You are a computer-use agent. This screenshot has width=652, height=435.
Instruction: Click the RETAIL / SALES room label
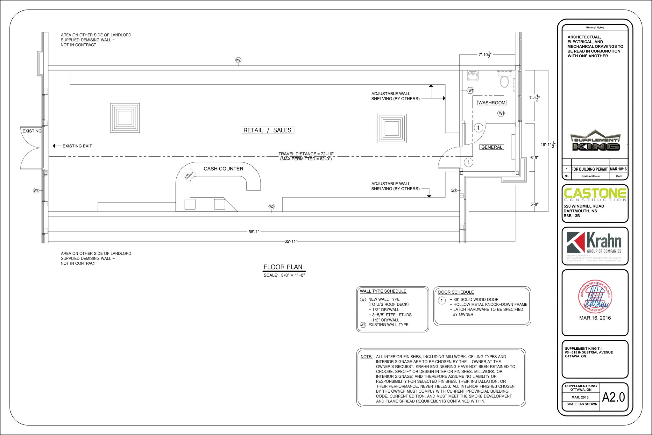coord(267,130)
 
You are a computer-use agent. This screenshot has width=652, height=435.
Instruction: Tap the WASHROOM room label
coord(492,103)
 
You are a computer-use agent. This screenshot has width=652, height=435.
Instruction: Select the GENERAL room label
coord(492,147)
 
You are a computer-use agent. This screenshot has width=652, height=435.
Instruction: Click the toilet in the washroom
coord(504,80)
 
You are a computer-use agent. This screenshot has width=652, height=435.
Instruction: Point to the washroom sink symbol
coord(473,76)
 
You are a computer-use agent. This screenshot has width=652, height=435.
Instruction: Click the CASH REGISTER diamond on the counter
coord(188,176)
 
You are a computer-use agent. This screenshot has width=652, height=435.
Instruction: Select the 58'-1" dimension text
coord(254,232)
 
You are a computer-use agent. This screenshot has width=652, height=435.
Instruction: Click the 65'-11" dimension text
coord(290,241)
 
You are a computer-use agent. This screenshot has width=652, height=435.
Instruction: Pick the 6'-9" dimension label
coord(535,158)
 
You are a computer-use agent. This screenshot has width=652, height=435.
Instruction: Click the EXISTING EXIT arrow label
coord(77,146)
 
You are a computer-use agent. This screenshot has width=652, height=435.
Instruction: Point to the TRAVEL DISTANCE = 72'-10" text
coord(306,154)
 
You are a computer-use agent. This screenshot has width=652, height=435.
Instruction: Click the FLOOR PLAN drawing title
coord(283,267)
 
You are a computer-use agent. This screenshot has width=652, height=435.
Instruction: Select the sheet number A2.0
coord(613,397)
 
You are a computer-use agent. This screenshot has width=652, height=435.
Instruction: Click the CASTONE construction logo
coord(595,195)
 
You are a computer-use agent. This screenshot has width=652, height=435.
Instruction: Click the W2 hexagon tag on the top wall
coord(238,60)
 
